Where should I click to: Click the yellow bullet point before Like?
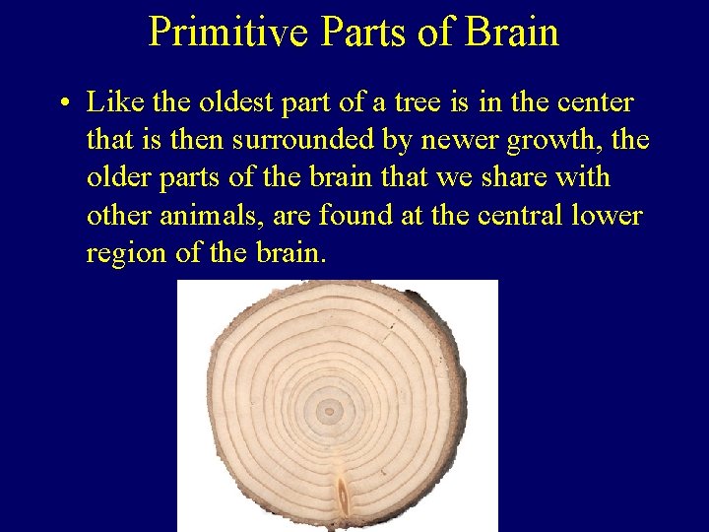pyautogui.click(x=61, y=103)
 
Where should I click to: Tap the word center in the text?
pyautogui.click(x=600, y=101)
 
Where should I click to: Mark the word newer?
pyautogui.click(x=460, y=140)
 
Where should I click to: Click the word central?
pyautogui.click(x=503, y=215)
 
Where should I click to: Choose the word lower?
pyautogui.click(x=607, y=215)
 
